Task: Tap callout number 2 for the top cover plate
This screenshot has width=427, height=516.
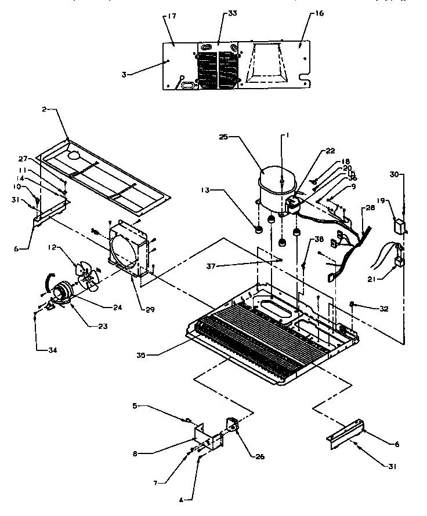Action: (45, 108)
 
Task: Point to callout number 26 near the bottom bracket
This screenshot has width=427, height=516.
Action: (259, 456)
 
